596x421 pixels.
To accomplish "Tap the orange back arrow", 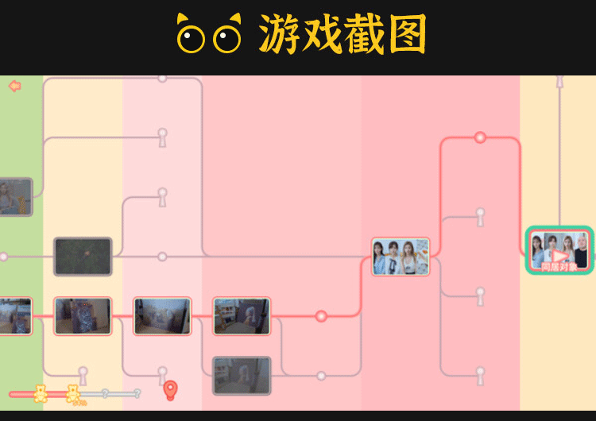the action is click(x=14, y=86).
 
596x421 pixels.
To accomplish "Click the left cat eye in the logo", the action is click(x=191, y=37).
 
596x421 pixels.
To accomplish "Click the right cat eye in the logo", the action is click(x=228, y=37).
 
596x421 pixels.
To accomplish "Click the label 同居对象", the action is click(x=559, y=268).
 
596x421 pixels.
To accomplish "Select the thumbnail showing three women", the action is click(x=401, y=257).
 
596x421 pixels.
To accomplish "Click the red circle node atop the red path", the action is click(x=480, y=137).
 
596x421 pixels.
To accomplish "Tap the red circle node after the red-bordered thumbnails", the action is click(x=321, y=316).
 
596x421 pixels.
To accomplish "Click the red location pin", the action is click(x=170, y=390).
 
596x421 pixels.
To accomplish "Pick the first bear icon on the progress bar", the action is click(x=41, y=393).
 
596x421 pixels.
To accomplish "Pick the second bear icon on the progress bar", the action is click(x=73, y=393).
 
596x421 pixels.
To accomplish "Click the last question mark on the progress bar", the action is click(x=137, y=393).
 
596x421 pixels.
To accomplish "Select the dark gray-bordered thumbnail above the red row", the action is click(x=83, y=257).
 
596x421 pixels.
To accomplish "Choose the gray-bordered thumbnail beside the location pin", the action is click(x=242, y=376).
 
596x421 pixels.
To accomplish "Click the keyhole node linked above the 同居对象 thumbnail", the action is click(x=559, y=81).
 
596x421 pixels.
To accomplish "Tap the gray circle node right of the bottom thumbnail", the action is click(x=321, y=376).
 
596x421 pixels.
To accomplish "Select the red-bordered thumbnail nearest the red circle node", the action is click(x=242, y=316).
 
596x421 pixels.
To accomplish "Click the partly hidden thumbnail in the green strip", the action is click(x=15, y=197).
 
